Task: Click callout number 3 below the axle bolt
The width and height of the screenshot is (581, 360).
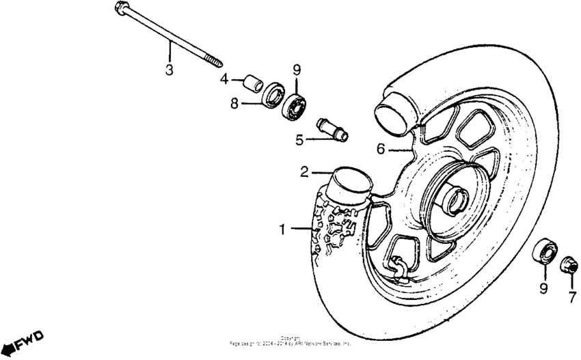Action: [x=169, y=69]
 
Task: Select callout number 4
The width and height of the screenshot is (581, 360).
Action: [x=224, y=79]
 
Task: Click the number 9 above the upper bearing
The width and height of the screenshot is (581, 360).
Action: [x=297, y=69]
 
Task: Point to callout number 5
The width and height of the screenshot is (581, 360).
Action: [x=299, y=141]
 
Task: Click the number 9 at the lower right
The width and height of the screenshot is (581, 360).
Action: [x=543, y=289]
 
